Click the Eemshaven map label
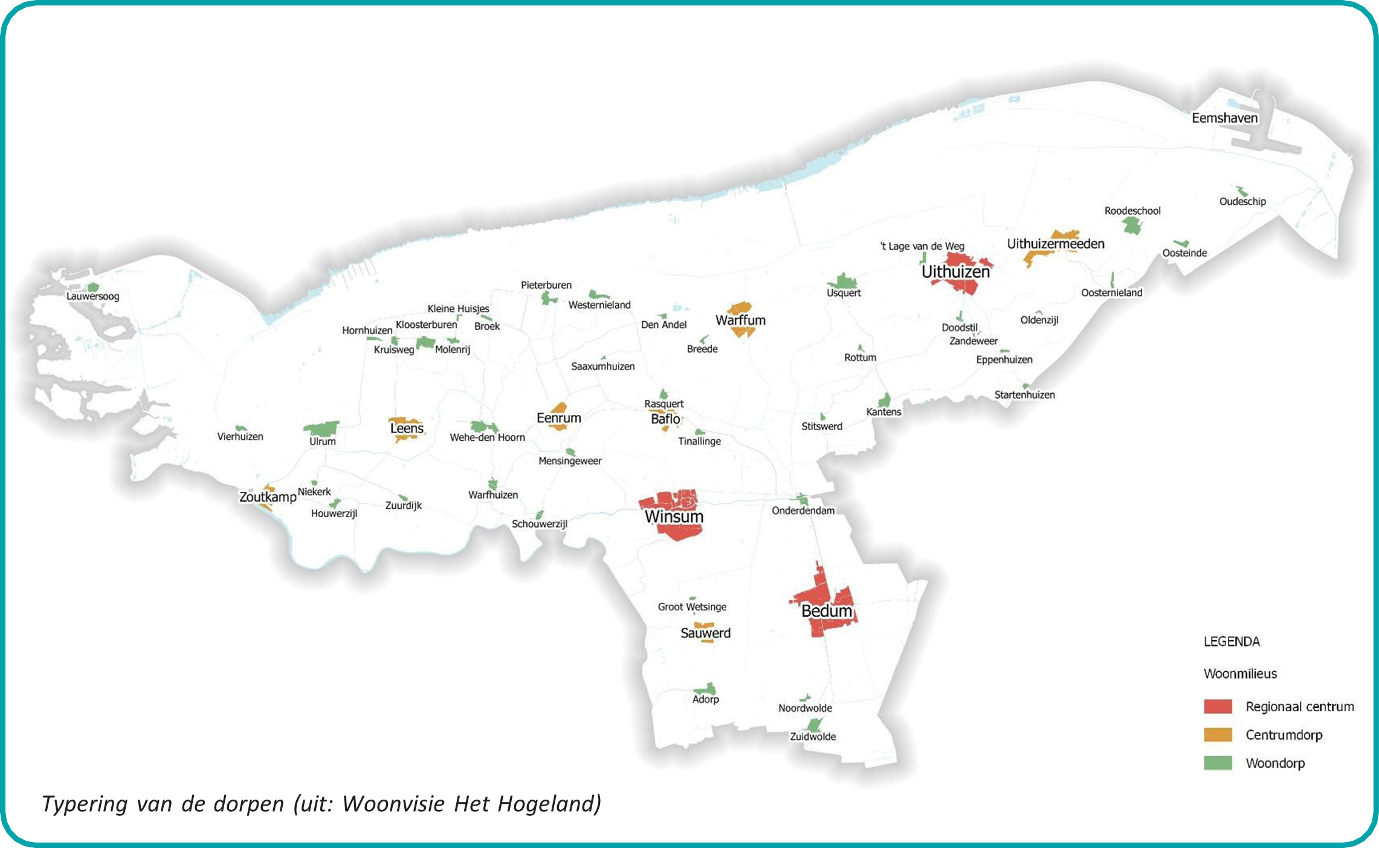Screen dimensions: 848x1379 point(1224,118)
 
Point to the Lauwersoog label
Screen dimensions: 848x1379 point(92,296)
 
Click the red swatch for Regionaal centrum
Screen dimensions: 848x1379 point(1218,706)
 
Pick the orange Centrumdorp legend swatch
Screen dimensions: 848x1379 point(1218,735)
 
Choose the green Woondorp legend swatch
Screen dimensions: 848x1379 point(1218,763)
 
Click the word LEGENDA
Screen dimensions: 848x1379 point(1232,642)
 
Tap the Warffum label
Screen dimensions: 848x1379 point(740,320)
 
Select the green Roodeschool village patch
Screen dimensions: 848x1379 point(1132,226)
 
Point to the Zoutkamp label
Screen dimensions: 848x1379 point(268,497)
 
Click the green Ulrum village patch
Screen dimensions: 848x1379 point(321,429)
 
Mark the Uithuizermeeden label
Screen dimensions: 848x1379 point(1055,244)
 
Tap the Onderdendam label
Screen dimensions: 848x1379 point(803,510)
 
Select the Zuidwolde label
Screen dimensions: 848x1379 point(813,737)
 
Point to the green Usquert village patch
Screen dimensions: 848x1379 point(843,282)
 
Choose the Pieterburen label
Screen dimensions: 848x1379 point(546,285)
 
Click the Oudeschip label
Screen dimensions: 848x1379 point(1242,201)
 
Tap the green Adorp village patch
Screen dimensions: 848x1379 point(705,689)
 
